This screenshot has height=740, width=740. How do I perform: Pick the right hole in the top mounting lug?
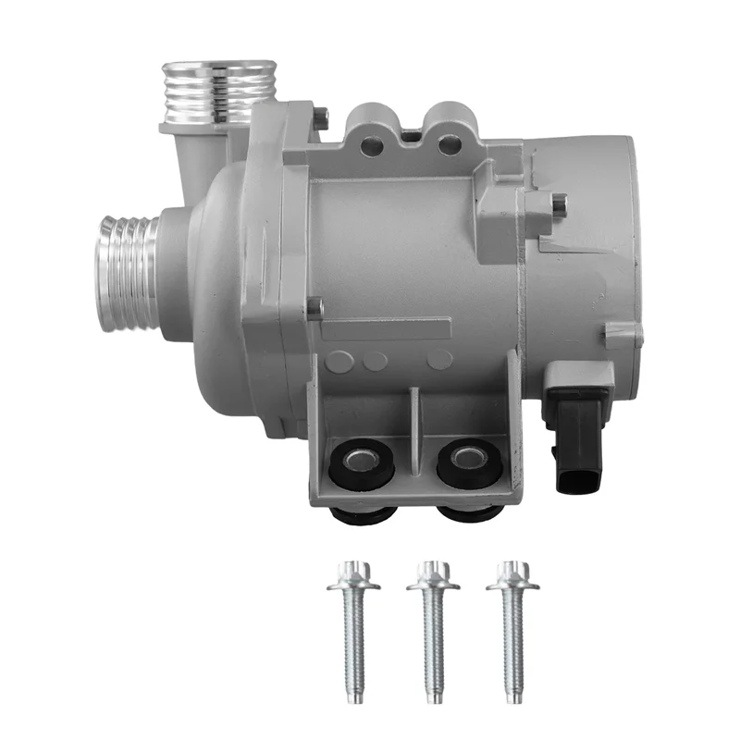click(449, 143)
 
